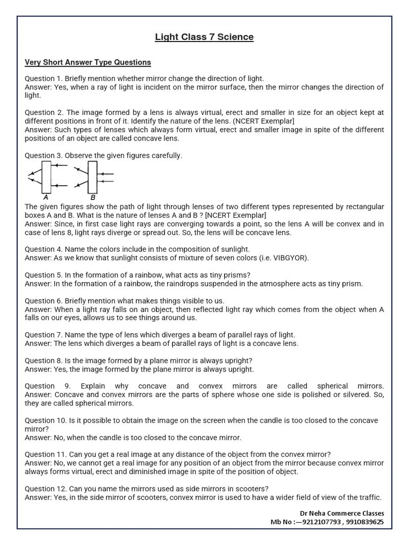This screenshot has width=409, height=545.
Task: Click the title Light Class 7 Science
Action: point(204,37)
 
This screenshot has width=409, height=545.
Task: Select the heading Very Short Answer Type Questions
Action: point(88,62)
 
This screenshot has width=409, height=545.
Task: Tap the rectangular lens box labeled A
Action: point(46,177)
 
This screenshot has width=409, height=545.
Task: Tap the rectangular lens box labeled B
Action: point(93,177)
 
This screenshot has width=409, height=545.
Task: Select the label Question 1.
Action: point(44,79)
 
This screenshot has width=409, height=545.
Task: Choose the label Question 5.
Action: point(44,275)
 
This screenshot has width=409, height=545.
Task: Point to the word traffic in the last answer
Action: point(369,497)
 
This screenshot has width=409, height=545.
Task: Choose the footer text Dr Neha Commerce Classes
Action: point(341,513)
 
